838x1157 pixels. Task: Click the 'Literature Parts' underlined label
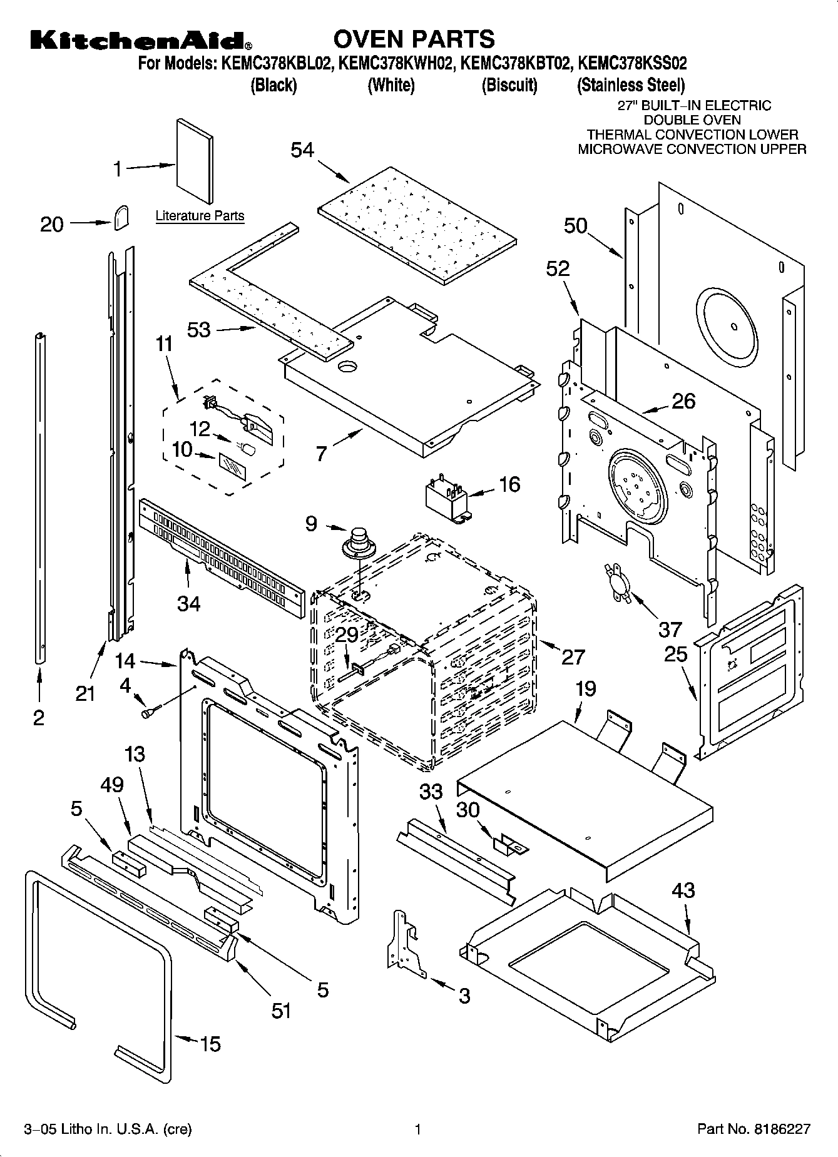[200, 217]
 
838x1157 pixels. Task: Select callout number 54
[302, 150]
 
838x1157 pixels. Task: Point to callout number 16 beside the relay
[509, 484]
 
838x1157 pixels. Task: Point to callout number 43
[683, 890]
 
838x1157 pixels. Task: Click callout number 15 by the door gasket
[210, 1043]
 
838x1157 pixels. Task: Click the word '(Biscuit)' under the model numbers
[509, 85]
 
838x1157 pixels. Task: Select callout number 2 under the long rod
[39, 717]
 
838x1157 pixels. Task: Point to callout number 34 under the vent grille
[188, 603]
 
